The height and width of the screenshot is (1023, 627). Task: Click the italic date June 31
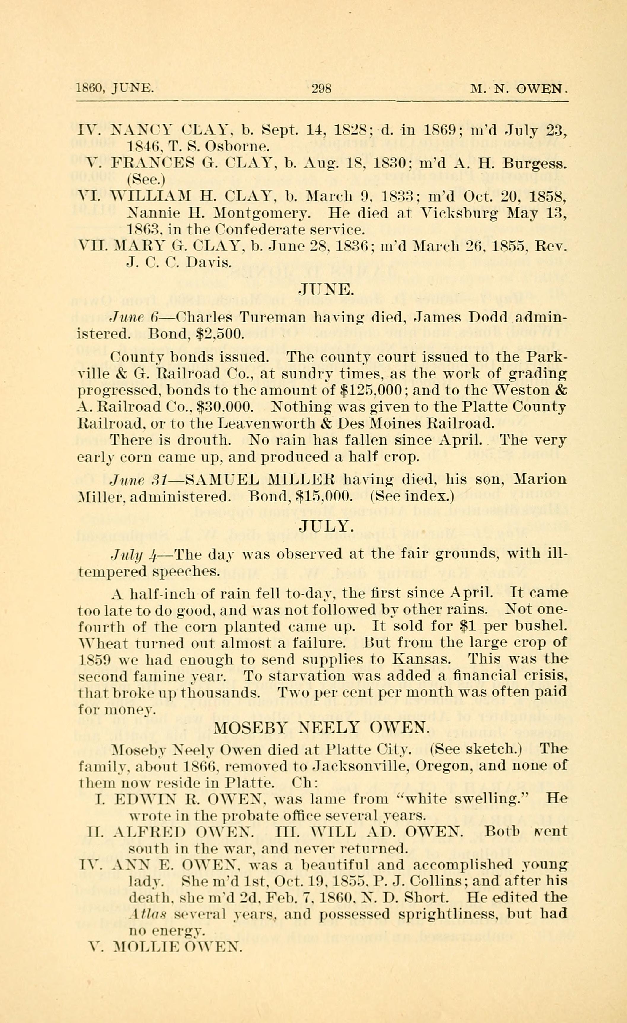click(x=138, y=480)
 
